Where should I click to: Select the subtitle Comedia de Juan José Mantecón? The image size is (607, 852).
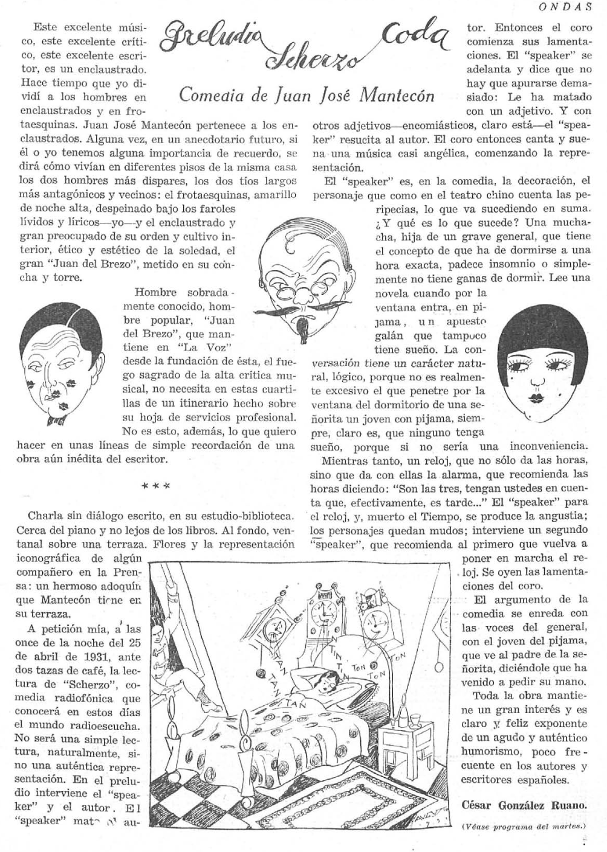tap(307, 95)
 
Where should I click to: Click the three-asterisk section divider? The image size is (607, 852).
tap(155, 485)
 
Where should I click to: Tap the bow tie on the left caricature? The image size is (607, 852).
tap(57, 419)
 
